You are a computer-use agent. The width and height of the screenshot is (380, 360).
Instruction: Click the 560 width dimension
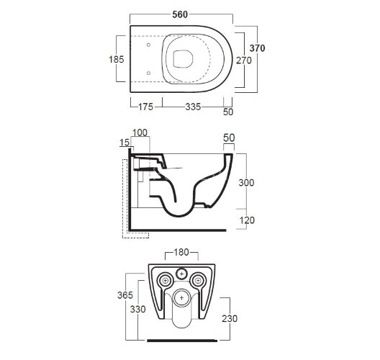coord(180,14)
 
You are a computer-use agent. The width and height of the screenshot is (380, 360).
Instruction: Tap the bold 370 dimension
coord(257,48)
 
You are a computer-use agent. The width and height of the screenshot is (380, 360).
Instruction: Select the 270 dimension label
coord(244,60)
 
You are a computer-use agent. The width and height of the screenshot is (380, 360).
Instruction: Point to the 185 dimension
coord(117,59)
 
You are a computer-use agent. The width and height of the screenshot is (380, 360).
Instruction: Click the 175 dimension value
coord(145,107)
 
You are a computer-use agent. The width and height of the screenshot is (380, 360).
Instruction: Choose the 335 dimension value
coord(193,107)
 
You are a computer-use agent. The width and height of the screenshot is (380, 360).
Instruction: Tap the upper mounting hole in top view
coord(148,45)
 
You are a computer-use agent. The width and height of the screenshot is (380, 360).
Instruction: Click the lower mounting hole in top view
coord(148,73)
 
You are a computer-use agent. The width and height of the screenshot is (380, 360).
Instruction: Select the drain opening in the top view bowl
coord(183,59)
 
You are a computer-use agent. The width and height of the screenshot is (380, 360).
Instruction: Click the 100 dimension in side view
coord(140,132)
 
